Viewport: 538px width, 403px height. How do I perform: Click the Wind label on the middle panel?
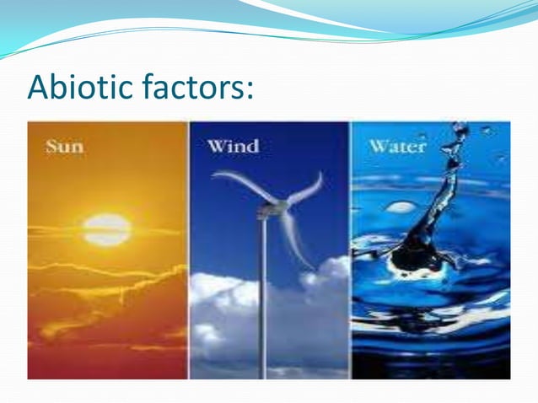click(233, 146)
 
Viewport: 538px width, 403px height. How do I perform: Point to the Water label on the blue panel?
click(396, 146)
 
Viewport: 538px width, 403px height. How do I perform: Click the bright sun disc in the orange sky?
click(107, 228)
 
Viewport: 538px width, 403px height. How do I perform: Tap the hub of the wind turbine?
click(269, 206)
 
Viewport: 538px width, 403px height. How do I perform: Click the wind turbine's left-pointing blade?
click(237, 181)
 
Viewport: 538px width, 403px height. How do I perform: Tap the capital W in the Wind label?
click(216, 146)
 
